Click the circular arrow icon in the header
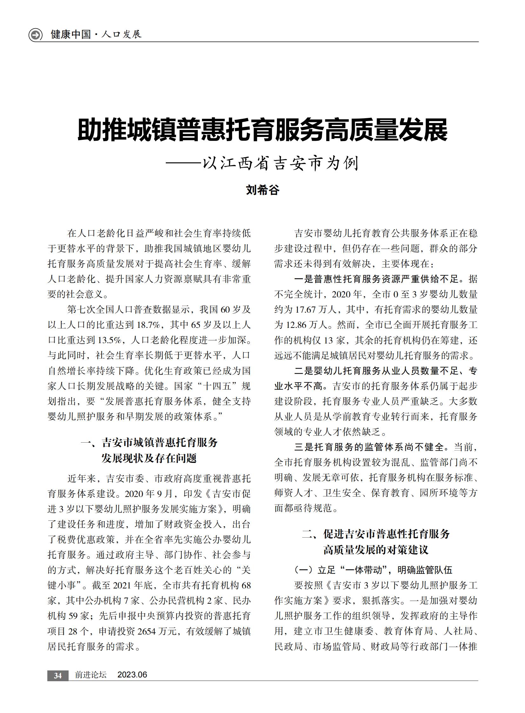pyautogui.click(x=35, y=35)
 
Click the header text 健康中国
pyautogui.click(x=71, y=34)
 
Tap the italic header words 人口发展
pyautogui.click(x=121, y=34)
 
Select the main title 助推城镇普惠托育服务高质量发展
pyautogui.click(x=262, y=130)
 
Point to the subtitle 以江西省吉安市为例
pyautogui.click(x=281, y=164)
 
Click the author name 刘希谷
pyautogui.click(x=262, y=190)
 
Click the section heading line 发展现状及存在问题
pyautogui.click(x=149, y=458)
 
